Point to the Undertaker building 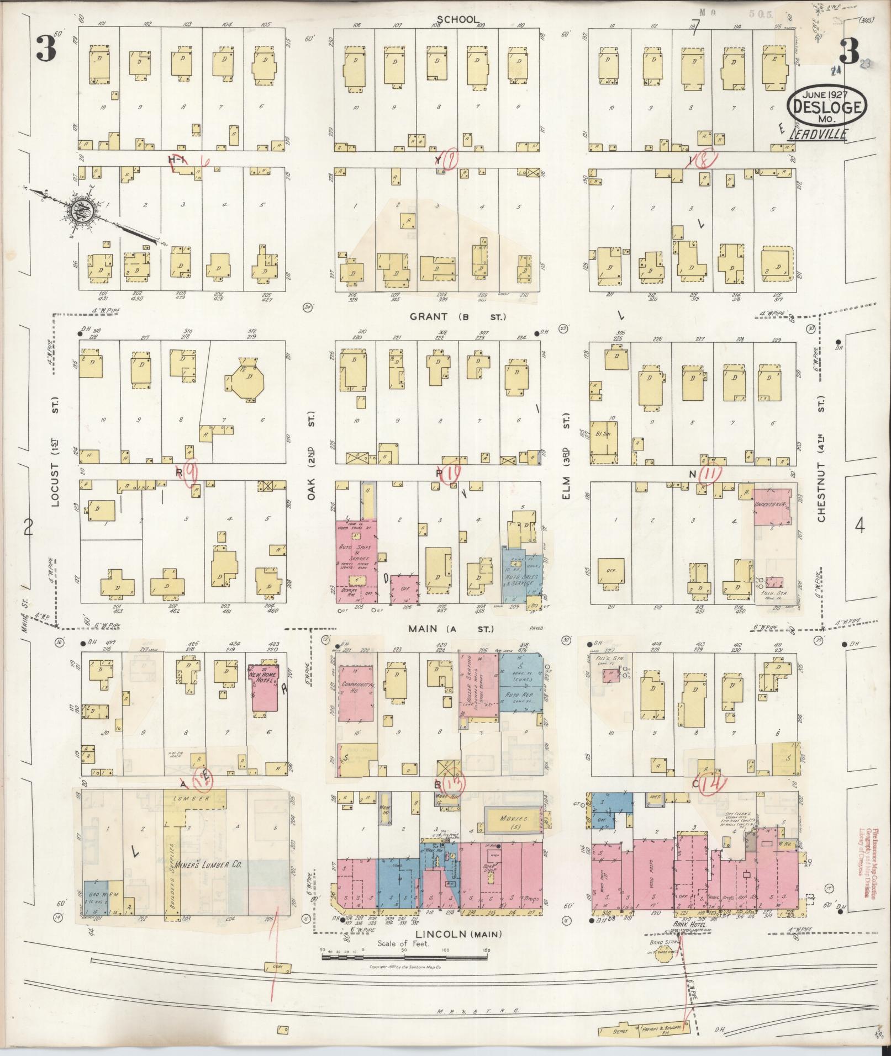click(x=772, y=506)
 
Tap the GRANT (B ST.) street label click(x=457, y=317)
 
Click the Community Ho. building click(x=357, y=693)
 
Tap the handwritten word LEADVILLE click(x=818, y=134)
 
